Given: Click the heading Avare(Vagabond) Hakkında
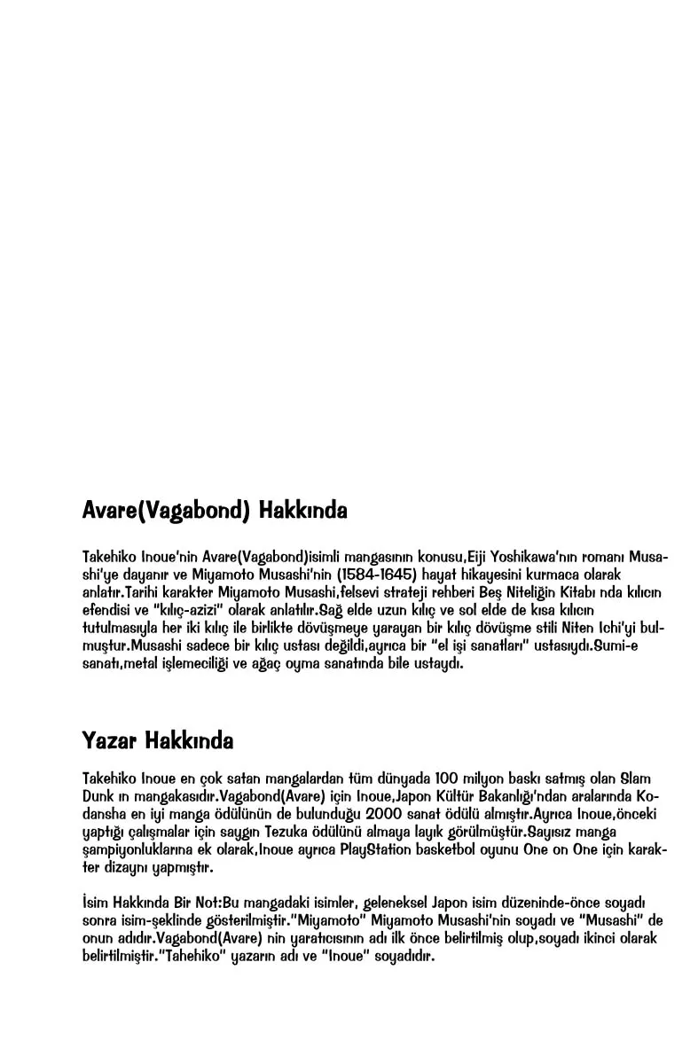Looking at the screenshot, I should tap(214, 512).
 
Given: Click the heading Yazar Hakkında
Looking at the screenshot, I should tap(157, 739).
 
